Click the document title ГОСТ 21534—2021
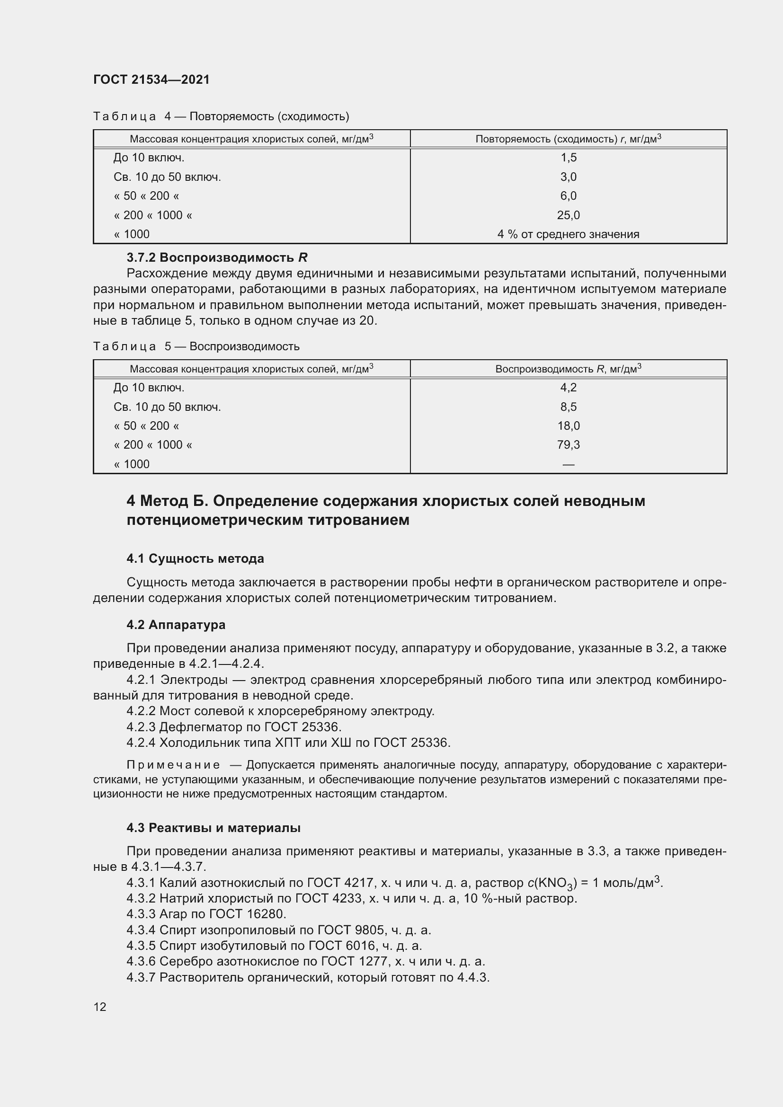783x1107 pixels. click(151, 80)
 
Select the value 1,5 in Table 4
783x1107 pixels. click(569, 158)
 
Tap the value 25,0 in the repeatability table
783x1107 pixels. click(569, 215)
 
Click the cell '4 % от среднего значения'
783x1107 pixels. click(569, 234)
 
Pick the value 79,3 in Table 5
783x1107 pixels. click(569, 444)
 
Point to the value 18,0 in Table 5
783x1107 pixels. click(569, 426)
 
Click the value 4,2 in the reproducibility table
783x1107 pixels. click(569, 388)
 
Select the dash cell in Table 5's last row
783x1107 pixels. click(569, 464)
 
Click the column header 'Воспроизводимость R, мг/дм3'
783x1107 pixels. click(569, 369)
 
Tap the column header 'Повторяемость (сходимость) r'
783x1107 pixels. click(569, 139)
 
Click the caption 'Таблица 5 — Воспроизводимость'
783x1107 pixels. click(196, 346)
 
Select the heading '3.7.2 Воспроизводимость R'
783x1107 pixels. click(217, 257)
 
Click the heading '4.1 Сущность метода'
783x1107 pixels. click(195, 558)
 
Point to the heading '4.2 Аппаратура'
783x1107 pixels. click(176, 624)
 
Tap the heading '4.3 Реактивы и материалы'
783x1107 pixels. click(214, 828)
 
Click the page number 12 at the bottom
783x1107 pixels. click(100, 1007)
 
